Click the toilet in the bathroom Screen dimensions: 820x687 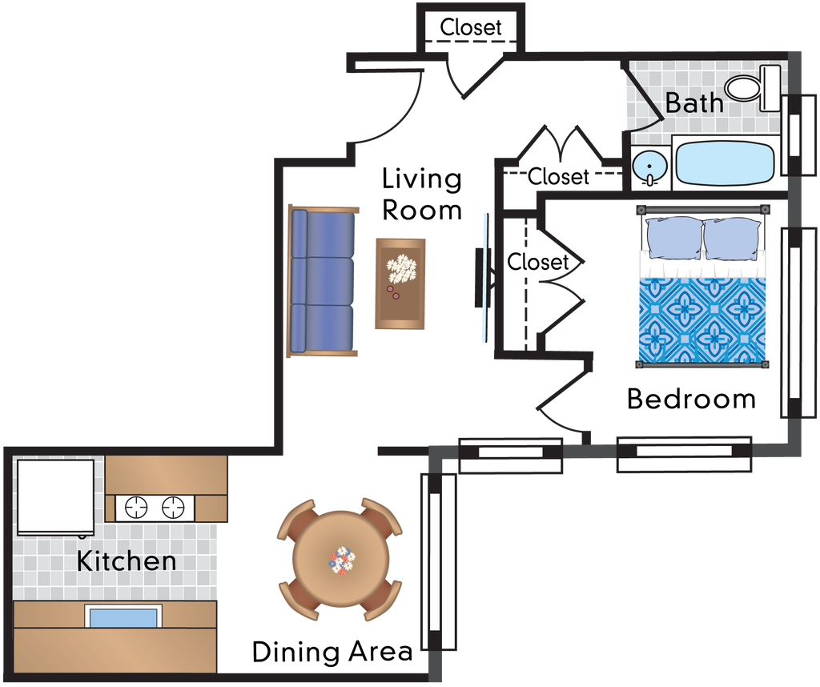[753, 88]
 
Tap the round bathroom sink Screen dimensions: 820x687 [649, 167]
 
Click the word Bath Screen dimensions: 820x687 [694, 102]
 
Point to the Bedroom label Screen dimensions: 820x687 [691, 399]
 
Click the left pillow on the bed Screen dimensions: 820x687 [674, 239]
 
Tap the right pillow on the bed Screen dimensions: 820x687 [732, 239]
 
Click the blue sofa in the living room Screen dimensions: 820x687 [322, 281]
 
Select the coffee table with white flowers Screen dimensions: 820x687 [400, 283]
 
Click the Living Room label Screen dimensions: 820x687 [421, 195]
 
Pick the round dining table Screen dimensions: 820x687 [340, 560]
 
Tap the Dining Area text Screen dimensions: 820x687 [332, 652]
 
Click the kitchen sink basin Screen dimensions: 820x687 [123, 617]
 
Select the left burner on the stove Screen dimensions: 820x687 [136, 507]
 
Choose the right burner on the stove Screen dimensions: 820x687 [173, 507]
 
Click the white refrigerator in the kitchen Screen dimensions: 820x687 [55, 496]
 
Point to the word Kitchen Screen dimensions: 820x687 [127, 560]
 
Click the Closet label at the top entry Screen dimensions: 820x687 [471, 27]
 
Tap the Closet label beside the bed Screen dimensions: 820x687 [537, 261]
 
